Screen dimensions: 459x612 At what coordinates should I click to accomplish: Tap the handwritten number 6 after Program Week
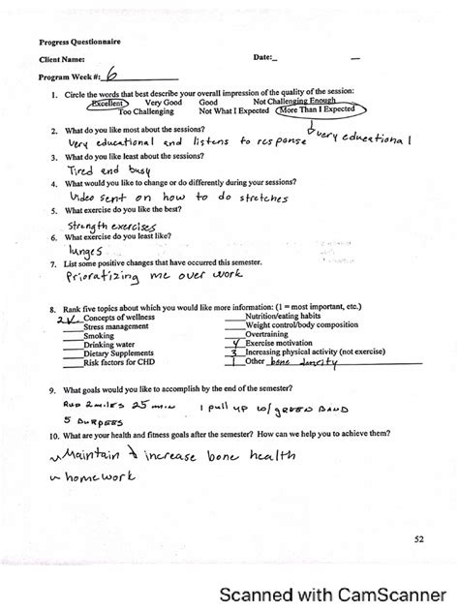click(113, 75)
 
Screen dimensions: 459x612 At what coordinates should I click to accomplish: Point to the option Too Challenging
click(146, 111)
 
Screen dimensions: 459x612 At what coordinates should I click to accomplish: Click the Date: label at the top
click(264, 58)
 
